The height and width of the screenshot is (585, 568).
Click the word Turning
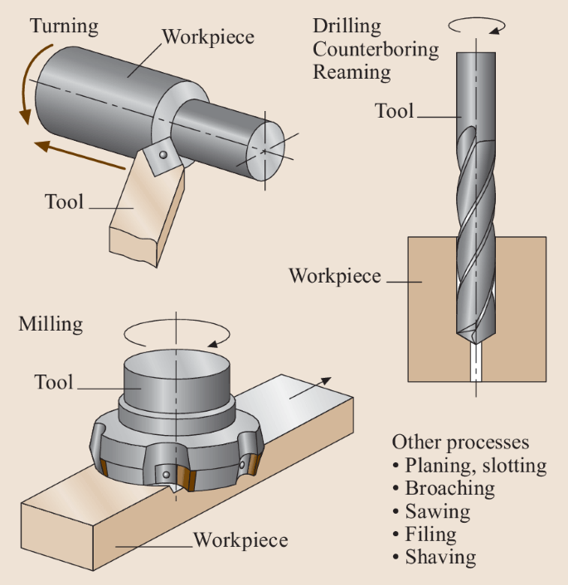click(x=64, y=27)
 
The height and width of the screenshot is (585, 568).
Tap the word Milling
click(x=51, y=323)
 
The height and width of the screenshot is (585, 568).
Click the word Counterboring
click(x=376, y=49)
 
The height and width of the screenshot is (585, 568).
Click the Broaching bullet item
click(x=449, y=488)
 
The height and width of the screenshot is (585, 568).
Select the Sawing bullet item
click(x=437, y=511)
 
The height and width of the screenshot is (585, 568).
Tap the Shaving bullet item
click(x=440, y=557)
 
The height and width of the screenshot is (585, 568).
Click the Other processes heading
click(x=460, y=442)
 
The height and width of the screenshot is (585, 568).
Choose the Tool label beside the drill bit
click(x=394, y=111)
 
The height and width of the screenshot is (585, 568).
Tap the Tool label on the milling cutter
click(x=54, y=383)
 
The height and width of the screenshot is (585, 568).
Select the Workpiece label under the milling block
click(x=240, y=541)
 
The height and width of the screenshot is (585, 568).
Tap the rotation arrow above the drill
click(x=476, y=26)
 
